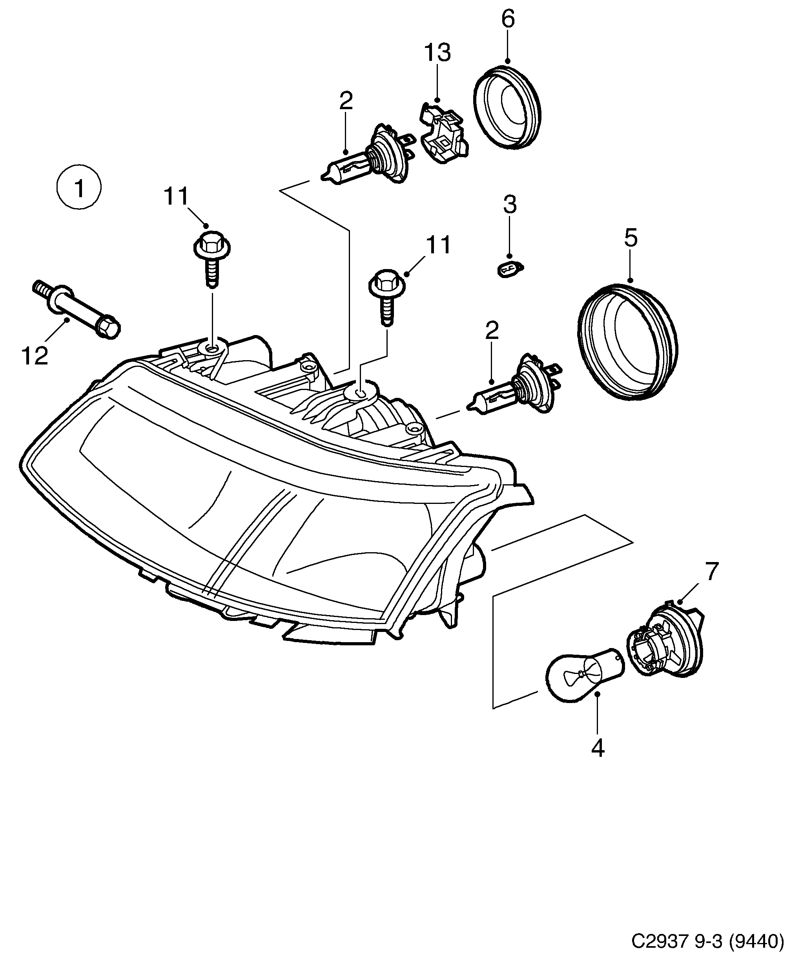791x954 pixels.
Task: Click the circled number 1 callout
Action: click(79, 188)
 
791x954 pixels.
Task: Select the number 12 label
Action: click(35, 356)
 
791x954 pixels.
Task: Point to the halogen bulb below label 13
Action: click(368, 157)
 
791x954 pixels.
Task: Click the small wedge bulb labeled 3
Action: click(509, 270)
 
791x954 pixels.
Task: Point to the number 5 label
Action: click(631, 238)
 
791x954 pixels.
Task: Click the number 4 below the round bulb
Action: click(598, 748)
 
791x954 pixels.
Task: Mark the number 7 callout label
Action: click(711, 572)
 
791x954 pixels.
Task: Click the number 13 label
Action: click(437, 53)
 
